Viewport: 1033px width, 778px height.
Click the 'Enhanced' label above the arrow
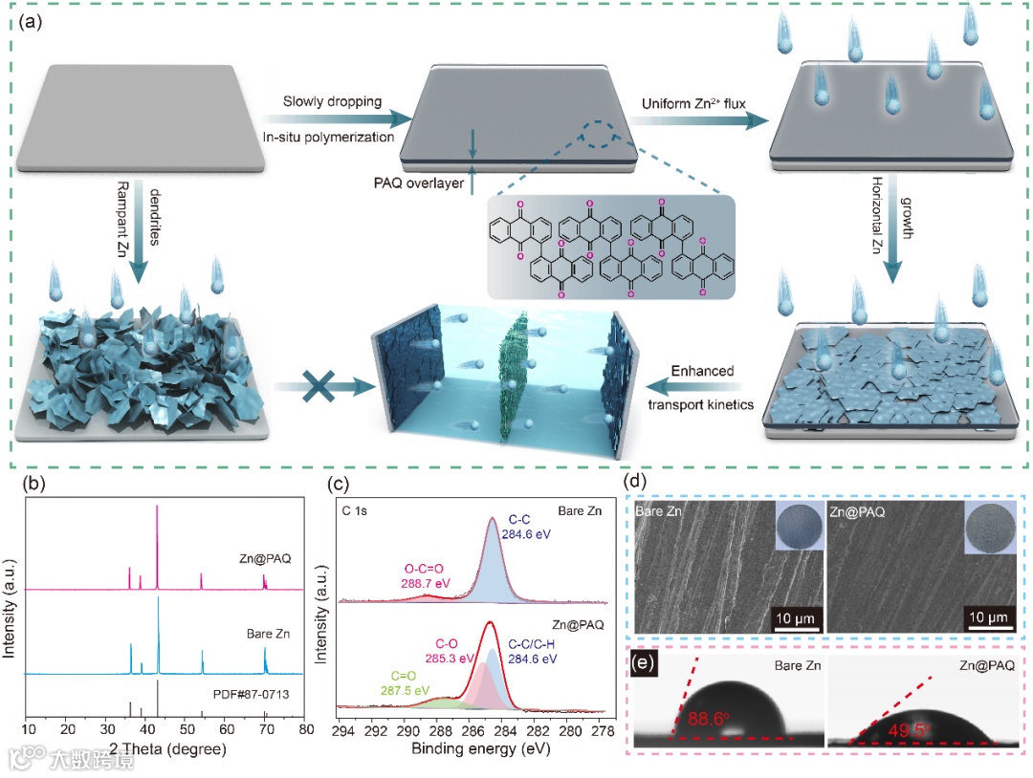click(702, 371)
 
